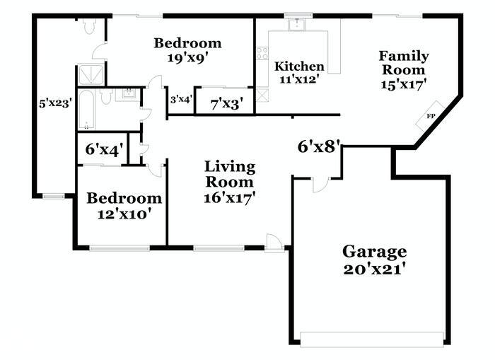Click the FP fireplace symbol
[430, 115]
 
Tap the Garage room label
[374, 252]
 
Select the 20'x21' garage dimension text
[374, 269]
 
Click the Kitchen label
[299, 66]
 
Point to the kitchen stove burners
[262, 53]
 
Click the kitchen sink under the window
[297, 24]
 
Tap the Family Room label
[404, 63]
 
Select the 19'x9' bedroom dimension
[189, 58]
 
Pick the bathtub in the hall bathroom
[86, 110]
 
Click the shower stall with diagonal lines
[91, 75]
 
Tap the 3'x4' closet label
[182, 100]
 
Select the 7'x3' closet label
[227, 104]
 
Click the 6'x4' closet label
[102, 149]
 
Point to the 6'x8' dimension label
[319, 146]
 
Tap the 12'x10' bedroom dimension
[122, 214]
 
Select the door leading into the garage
[321, 185]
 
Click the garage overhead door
[372, 339]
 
